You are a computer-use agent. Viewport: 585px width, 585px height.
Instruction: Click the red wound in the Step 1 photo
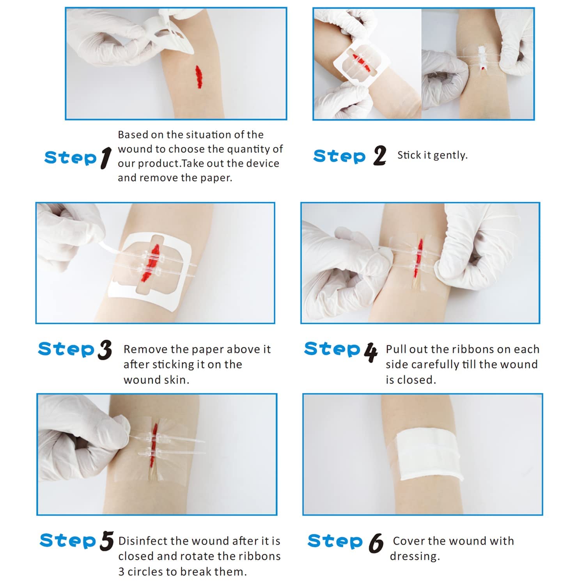click(x=199, y=77)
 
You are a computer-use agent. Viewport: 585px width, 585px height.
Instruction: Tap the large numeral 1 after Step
click(x=105, y=158)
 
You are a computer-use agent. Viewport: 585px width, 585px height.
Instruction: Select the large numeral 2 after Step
click(x=379, y=156)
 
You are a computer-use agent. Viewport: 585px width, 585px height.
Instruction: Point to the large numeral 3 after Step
click(x=105, y=349)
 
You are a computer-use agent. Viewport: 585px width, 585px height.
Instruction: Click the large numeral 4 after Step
click(x=370, y=352)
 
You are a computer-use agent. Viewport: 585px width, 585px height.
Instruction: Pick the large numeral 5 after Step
click(x=106, y=541)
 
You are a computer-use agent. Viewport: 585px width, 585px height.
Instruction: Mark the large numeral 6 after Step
click(x=376, y=543)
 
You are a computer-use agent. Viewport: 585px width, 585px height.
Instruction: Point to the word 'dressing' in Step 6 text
click(x=414, y=556)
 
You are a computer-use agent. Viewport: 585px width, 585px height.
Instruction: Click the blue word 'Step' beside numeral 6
click(x=335, y=541)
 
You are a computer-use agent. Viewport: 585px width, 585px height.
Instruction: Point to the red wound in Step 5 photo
click(x=154, y=441)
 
